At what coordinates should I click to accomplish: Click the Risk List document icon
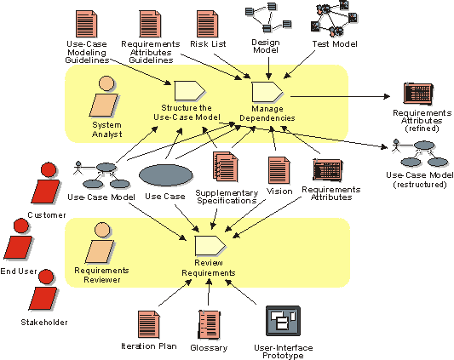[207, 24]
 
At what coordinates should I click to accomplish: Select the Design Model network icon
[268, 17]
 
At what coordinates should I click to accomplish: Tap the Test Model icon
[334, 19]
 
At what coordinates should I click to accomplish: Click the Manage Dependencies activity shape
[267, 92]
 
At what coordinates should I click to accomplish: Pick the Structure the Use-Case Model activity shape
[190, 91]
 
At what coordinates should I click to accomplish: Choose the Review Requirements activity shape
[210, 246]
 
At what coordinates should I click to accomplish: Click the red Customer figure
[46, 183]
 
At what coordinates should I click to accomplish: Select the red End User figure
[19, 239]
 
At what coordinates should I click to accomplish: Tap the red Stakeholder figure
[43, 290]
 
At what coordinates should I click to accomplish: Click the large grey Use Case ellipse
[166, 175]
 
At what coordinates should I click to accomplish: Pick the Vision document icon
[279, 170]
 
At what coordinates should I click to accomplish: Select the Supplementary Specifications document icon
[226, 167]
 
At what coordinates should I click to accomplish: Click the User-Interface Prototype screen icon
[283, 321]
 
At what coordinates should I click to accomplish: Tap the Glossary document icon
[210, 325]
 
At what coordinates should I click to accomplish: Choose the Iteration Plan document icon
[149, 325]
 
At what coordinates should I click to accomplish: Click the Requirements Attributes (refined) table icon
[418, 94]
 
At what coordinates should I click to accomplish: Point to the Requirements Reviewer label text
[101, 275]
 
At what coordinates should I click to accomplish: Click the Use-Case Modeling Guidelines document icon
[86, 24]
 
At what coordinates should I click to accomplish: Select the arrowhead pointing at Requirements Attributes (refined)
[387, 96]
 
